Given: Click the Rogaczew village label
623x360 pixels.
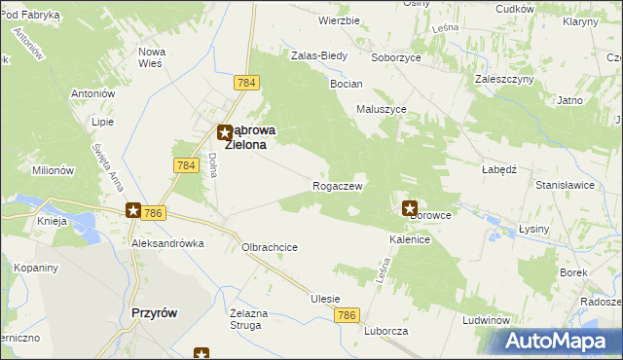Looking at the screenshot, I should tap(338, 186).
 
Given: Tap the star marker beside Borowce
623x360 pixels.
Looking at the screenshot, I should tap(410, 207).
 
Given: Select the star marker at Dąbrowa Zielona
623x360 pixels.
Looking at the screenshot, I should tap(224, 129).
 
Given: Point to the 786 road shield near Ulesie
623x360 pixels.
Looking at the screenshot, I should tap(348, 315).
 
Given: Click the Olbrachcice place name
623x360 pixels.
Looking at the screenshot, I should tap(270, 247).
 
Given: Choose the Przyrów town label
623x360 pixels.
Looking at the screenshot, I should tap(152, 312).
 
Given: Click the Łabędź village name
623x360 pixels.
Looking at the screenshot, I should tap(497, 167).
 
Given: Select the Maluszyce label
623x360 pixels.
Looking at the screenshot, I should tap(382, 110).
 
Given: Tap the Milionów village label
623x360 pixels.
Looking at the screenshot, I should tap(53, 169).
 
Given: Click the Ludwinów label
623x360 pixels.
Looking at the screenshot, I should tap(488, 319).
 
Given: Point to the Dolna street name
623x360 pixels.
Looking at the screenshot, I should tap(211, 162).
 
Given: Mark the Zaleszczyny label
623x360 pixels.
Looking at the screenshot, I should tap(501, 79).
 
